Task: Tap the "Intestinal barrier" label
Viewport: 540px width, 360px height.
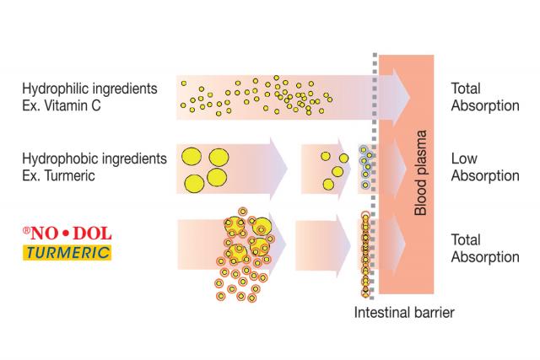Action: (404, 313)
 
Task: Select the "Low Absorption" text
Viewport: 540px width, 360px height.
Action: (484, 167)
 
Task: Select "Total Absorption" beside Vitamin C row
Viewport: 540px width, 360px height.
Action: (484, 96)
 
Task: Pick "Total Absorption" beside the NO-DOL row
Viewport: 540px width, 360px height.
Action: (484, 248)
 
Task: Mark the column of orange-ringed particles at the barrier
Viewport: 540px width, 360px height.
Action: (364, 253)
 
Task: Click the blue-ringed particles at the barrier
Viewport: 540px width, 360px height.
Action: (365, 167)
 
